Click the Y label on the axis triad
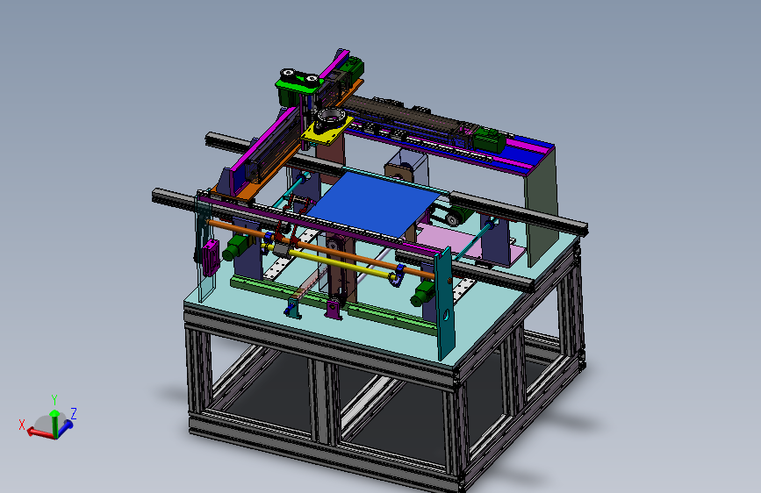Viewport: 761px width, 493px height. pyautogui.click(x=54, y=400)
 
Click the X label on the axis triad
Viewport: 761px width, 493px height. pyautogui.click(x=21, y=425)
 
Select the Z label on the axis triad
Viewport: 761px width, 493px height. pyautogui.click(x=74, y=414)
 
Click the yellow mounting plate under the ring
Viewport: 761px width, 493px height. pyautogui.click(x=324, y=132)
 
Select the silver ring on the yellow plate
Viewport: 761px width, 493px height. pyautogui.click(x=331, y=117)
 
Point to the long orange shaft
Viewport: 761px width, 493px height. pyautogui.click(x=320, y=248)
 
